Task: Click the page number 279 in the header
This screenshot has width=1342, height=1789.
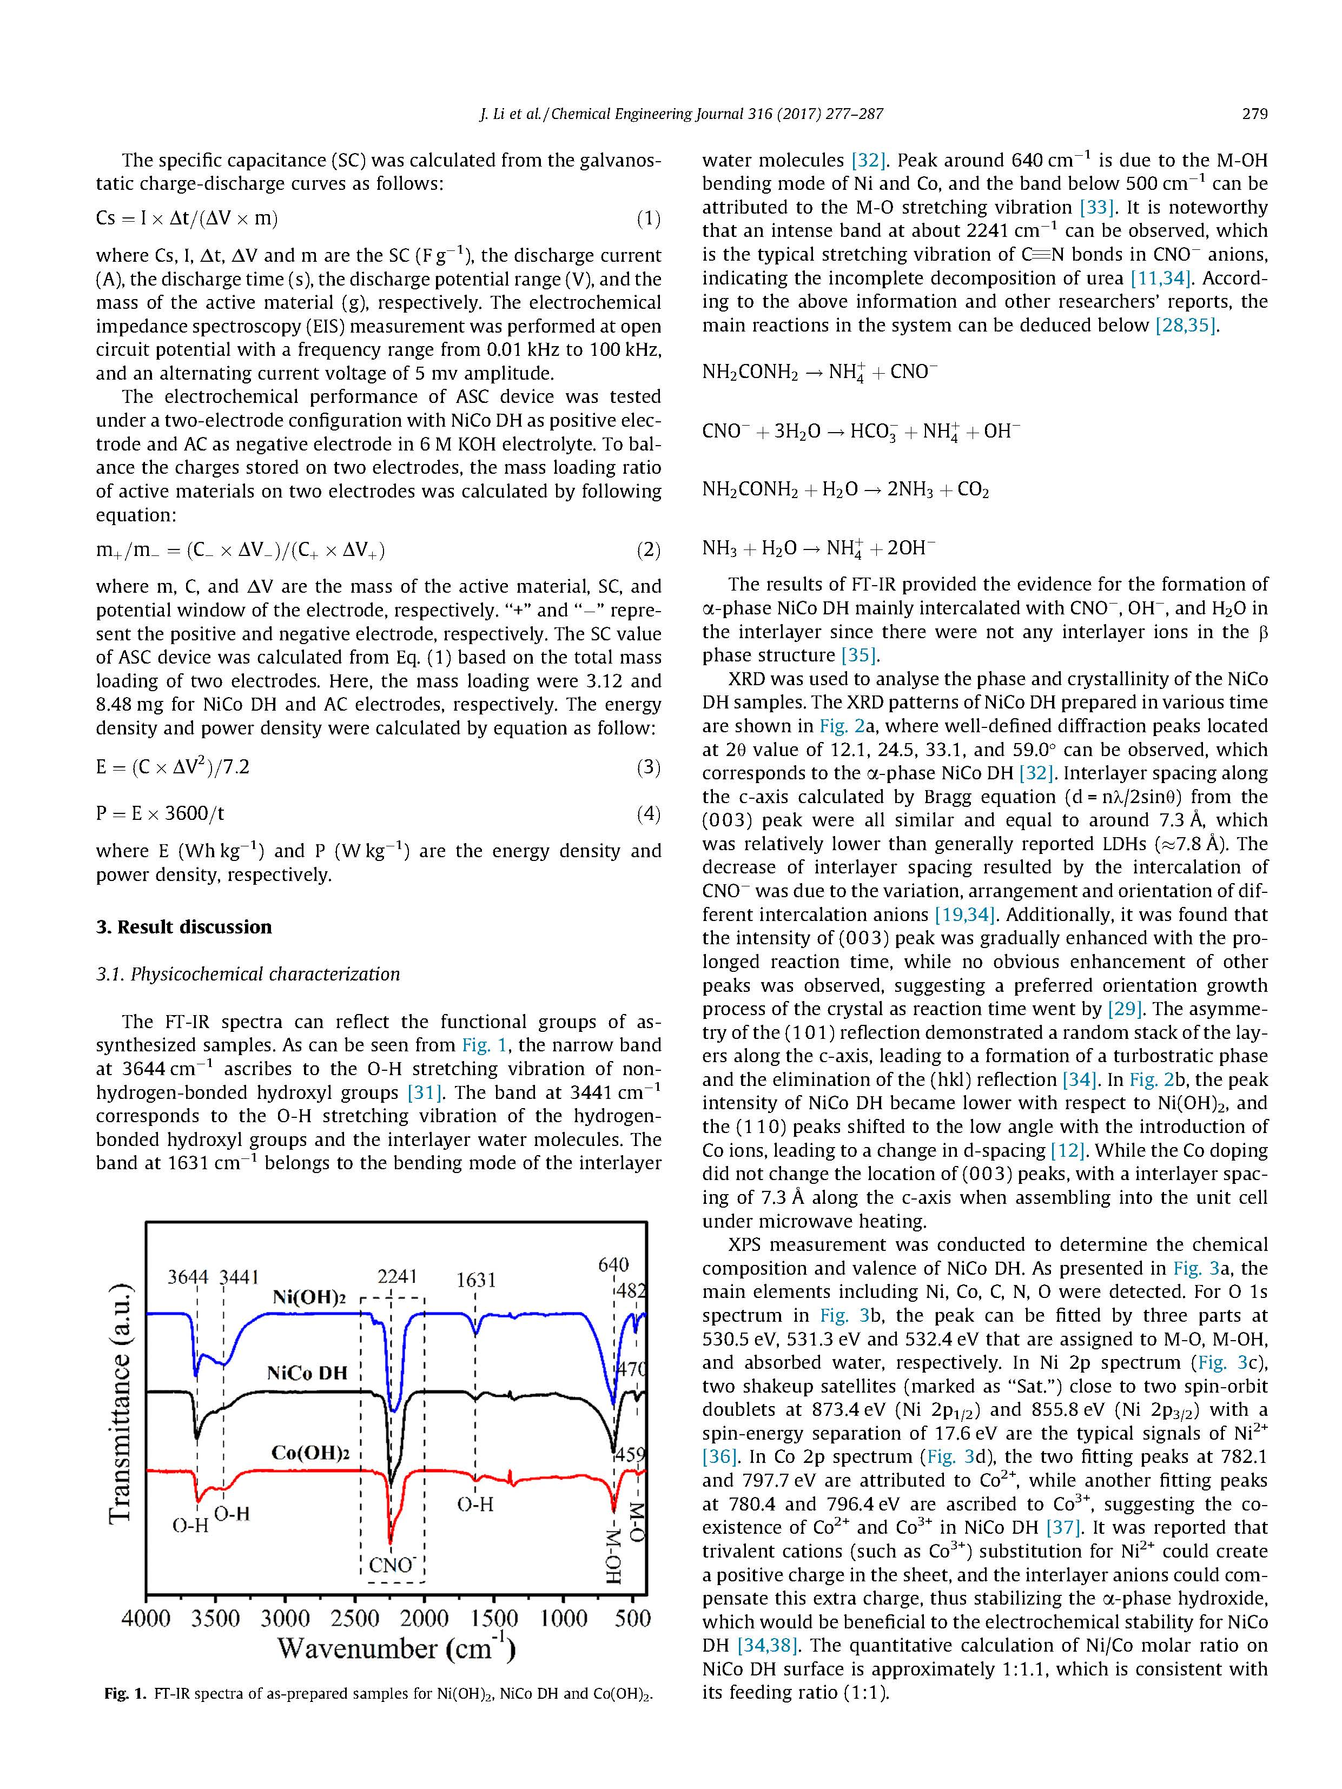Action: click(1254, 114)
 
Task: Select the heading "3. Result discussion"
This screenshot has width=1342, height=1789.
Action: click(183, 927)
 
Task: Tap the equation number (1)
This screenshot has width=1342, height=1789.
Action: click(648, 218)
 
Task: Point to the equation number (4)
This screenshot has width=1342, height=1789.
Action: click(648, 813)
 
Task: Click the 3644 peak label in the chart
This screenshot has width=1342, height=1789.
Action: click(188, 1277)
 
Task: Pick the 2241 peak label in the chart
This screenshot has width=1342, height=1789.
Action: click(397, 1276)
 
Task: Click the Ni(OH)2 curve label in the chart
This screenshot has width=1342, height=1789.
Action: click(309, 1298)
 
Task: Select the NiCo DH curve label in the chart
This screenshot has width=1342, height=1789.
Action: click(307, 1373)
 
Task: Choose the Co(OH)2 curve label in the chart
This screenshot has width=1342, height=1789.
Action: click(310, 1453)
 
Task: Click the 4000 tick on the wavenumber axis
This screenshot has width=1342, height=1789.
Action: click(147, 1618)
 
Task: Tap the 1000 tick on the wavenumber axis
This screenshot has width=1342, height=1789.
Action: click(564, 1618)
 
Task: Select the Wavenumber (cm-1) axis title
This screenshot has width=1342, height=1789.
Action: click(396, 1648)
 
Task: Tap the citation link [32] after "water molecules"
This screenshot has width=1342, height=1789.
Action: click(869, 160)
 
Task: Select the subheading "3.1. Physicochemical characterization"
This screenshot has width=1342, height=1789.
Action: click(248, 974)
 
